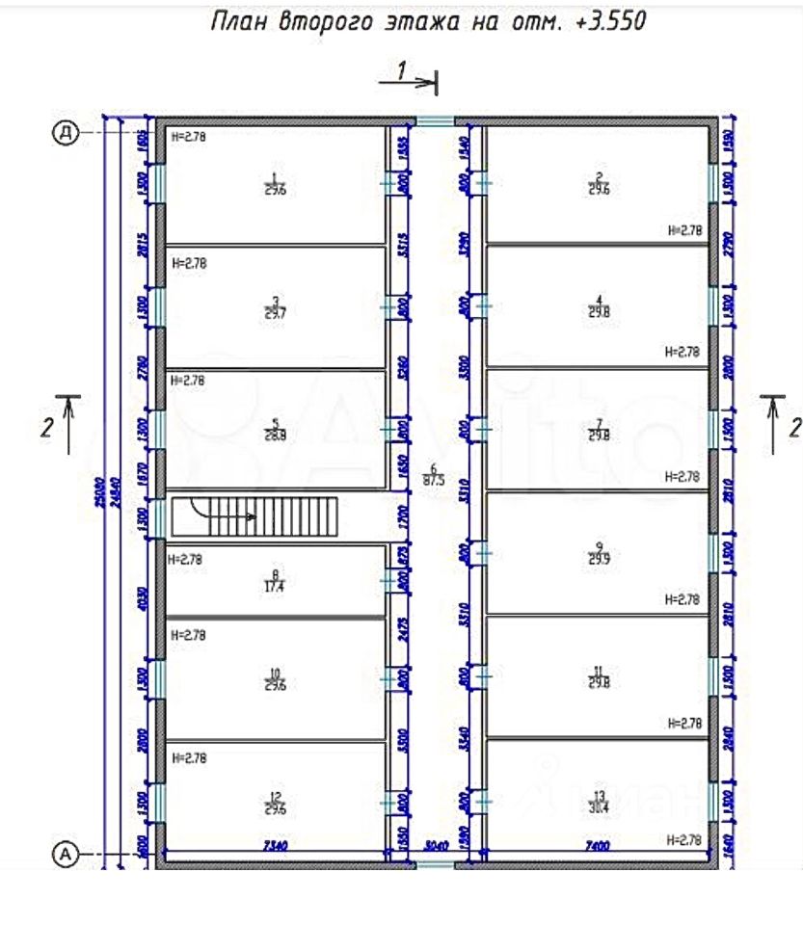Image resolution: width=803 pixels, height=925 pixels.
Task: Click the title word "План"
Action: [238, 21]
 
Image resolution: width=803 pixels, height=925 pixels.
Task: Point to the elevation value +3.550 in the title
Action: [609, 21]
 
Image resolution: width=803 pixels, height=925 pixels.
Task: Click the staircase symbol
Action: [254, 516]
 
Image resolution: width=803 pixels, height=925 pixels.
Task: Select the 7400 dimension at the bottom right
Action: [596, 846]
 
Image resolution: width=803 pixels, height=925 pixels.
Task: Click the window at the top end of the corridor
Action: [436, 121]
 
